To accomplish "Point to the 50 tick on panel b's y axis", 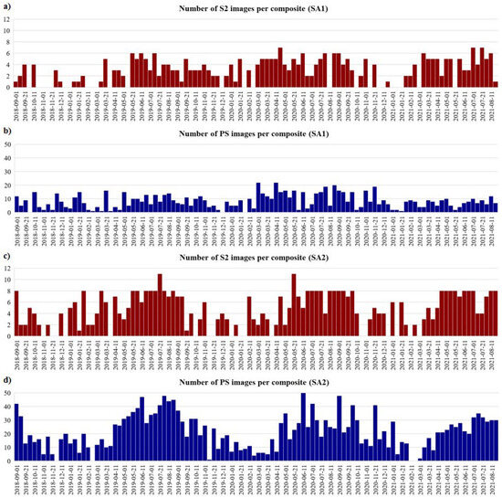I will coord(5,143).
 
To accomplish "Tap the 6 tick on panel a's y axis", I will coord(6,53).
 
